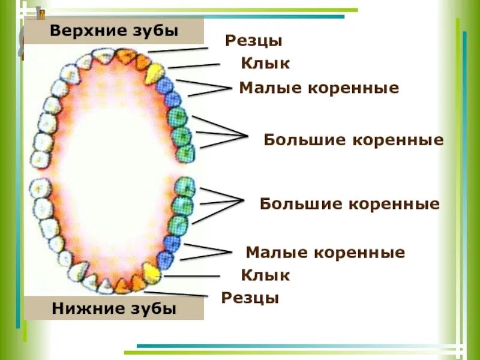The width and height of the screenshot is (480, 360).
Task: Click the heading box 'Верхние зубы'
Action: tap(114, 31)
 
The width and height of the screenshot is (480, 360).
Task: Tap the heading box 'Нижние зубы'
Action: tap(114, 308)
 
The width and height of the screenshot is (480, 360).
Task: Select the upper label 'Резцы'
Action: tap(254, 41)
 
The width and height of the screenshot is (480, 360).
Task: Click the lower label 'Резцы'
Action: tap(250, 298)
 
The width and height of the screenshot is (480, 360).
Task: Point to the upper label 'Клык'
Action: tap(265, 63)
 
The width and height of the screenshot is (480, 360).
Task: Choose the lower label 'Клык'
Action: tap(265, 275)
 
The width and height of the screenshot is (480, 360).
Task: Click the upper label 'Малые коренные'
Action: tap(319, 88)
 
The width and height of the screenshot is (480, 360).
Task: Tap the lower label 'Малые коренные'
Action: tap(325, 252)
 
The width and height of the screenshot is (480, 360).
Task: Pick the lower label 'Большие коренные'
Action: tap(350, 204)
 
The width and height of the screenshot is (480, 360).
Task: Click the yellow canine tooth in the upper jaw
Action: tap(155, 73)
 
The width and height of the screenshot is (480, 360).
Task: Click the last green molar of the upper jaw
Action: tap(185, 152)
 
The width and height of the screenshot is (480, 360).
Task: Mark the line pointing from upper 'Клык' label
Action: tap(194, 65)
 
